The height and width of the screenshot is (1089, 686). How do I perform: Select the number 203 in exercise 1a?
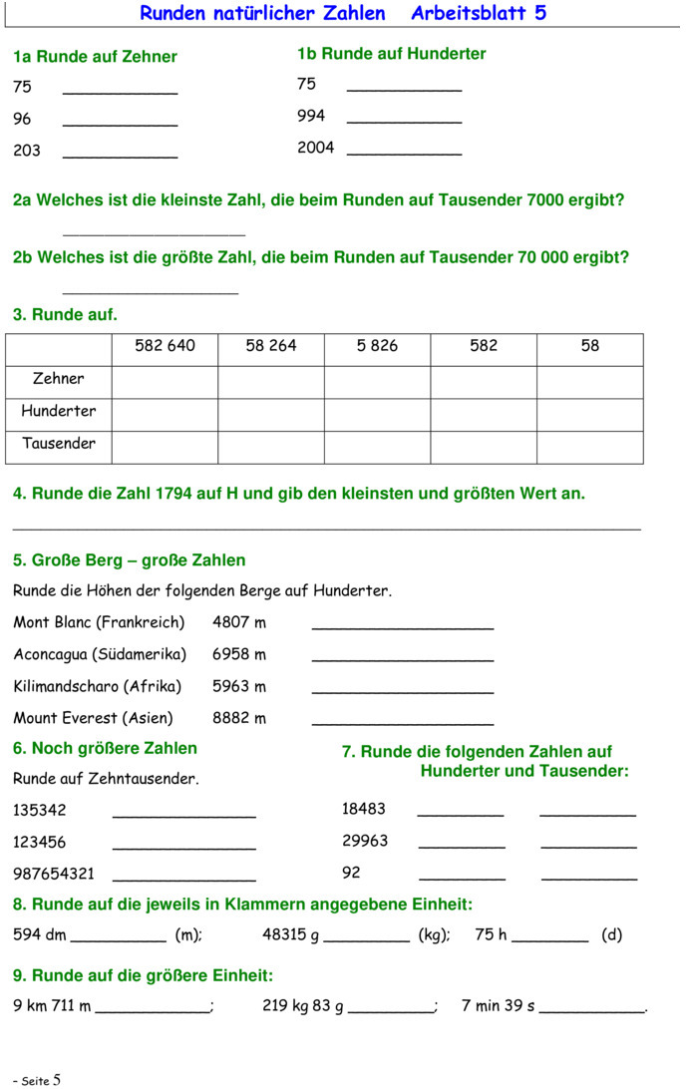click(27, 151)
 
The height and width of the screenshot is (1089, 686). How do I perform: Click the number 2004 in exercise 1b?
click(315, 148)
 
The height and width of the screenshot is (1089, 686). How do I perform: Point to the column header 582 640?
click(165, 346)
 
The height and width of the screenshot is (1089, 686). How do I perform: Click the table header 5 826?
click(377, 346)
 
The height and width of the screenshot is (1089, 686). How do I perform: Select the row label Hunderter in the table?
click(59, 411)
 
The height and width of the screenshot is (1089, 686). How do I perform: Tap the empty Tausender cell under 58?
click(590, 447)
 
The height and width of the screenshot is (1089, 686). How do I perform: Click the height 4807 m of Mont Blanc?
click(239, 622)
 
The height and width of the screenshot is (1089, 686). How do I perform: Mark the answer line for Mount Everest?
click(403, 721)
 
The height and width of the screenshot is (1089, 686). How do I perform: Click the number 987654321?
click(54, 874)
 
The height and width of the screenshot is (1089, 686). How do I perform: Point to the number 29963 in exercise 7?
click(365, 841)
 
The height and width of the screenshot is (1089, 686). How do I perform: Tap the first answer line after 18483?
click(461, 813)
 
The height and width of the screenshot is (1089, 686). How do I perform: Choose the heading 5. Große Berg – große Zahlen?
click(129, 560)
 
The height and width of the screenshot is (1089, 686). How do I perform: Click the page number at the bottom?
click(57, 1079)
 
